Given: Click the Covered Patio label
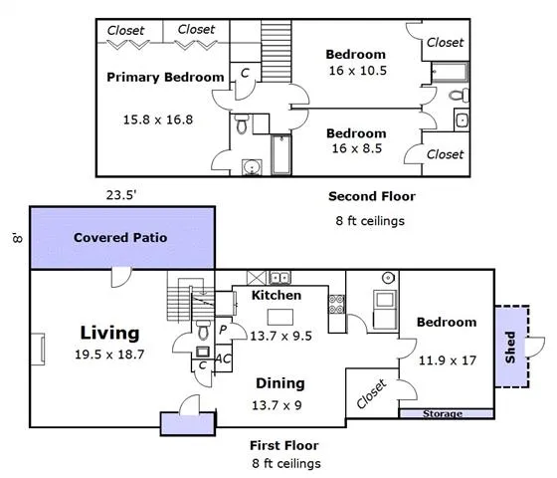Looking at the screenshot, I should point(121,238).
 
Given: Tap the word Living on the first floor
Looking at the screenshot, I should point(109,333).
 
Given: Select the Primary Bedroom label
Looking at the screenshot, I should point(165,77).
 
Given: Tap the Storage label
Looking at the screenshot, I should point(443,413).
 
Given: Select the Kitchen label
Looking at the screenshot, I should point(276,296).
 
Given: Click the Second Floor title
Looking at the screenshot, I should point(371,196).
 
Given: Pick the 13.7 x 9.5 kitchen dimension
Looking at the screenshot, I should point(280,336).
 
